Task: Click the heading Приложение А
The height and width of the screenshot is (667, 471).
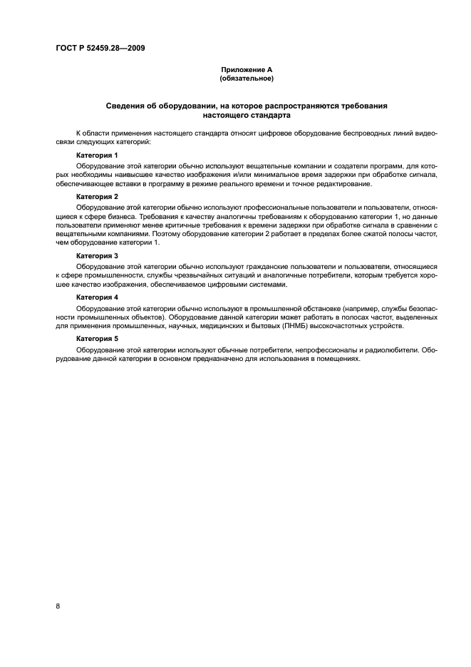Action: click(246, 69)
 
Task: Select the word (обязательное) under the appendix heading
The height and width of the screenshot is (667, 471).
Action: click(246, 78)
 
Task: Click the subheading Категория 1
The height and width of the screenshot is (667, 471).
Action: click(97, 154)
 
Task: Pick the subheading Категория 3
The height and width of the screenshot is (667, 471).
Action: click(97, 255)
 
